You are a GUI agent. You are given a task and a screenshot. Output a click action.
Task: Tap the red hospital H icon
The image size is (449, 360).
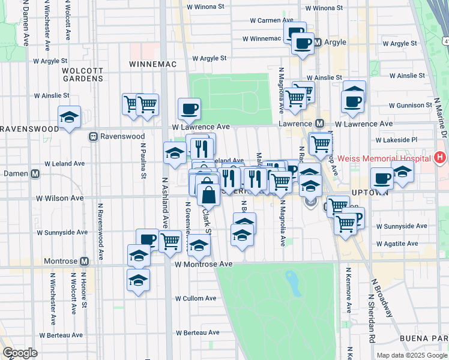(440, 158)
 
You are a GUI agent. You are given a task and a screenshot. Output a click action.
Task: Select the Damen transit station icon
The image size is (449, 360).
(35, 174)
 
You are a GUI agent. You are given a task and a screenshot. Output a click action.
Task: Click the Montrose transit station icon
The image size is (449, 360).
(84, 262)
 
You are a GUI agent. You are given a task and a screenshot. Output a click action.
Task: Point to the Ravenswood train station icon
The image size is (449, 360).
(93, 136)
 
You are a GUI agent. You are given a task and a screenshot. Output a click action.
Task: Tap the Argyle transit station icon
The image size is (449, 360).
(318, 43)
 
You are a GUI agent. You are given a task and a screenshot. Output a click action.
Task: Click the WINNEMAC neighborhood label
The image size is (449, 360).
(152, 64)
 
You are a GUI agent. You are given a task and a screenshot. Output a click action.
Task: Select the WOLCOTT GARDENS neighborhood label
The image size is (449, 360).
(83, 74)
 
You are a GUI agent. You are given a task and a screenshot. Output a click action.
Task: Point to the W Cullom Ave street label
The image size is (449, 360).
(196, 298)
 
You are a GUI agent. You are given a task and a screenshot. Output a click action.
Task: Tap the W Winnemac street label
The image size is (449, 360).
(261, 39)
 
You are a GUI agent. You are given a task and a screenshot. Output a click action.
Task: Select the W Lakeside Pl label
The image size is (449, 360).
(397, 139)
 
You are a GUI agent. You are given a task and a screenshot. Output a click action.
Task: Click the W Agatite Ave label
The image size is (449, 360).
(397, 244)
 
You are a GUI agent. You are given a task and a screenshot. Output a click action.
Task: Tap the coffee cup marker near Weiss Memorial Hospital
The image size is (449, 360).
(382, 178)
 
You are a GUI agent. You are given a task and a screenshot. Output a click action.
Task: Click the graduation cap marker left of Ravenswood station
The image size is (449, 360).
(70, 117)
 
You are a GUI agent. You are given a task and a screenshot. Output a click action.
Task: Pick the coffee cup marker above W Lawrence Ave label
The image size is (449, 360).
(189, 109)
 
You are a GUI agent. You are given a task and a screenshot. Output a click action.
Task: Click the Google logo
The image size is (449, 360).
(20, 353)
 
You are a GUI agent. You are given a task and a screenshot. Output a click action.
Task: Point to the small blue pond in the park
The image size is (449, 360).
(293, 282)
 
